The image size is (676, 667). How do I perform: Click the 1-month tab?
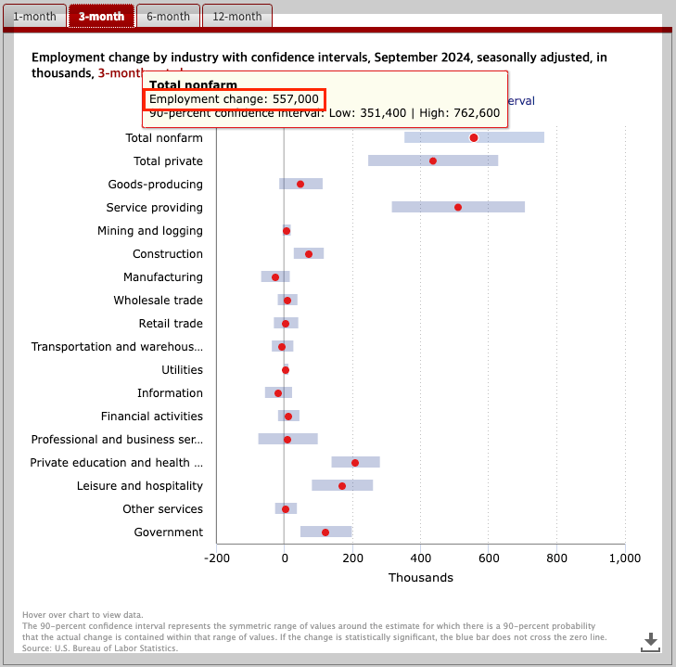(34, 17)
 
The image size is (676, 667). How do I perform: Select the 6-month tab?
(168, 17)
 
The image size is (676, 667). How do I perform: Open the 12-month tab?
(236, 17)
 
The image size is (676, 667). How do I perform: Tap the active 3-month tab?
(101, 17)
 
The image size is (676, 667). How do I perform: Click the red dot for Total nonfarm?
(474, 137)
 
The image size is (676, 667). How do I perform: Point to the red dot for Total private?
(433, 160)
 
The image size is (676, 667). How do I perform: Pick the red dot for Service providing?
(458, 207)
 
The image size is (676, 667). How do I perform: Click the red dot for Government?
(325, 532)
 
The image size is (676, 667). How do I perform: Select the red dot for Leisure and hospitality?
(342, 485)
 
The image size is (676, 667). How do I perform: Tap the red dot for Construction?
(309, 253)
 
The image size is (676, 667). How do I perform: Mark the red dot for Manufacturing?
(275, 276)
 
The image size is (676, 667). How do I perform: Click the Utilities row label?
(182, 369)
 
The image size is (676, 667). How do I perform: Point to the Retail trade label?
(171, 323)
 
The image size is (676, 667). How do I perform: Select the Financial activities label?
(152, 416)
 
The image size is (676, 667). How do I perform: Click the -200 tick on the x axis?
(216, 558)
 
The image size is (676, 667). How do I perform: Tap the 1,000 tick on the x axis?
(625, 558)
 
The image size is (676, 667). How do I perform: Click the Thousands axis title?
(420, 577)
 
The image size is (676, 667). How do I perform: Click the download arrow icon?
(651, 640)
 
